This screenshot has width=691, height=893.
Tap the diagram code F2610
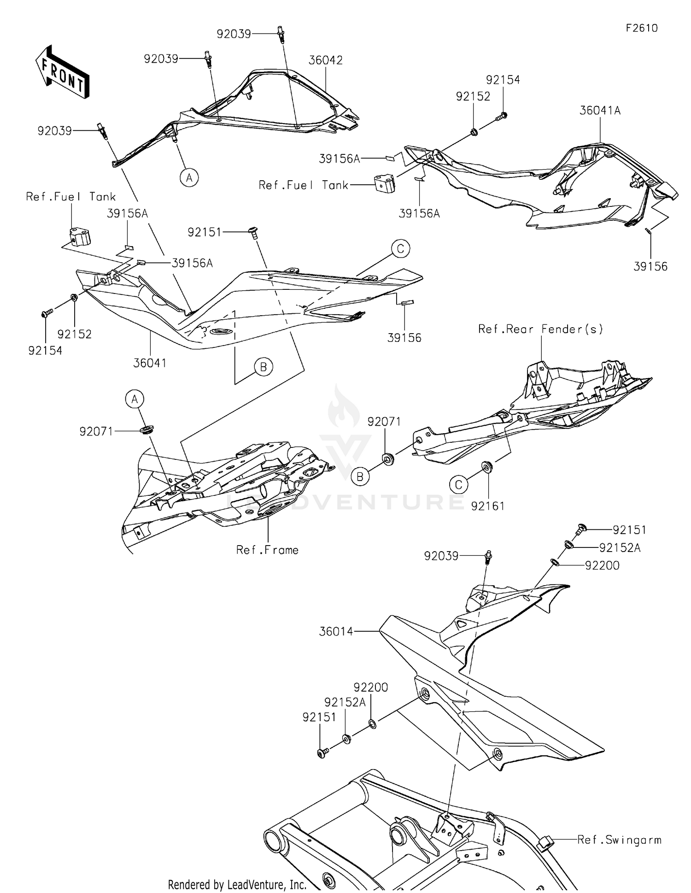(x=641, y=28)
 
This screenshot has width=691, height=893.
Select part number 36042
(x=325, y=60)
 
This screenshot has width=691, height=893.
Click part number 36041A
(x=600, y=111)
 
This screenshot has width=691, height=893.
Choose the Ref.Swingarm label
(x=619, y=840)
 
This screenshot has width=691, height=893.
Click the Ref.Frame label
(x=267, y=550)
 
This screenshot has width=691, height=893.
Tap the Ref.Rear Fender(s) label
(x=540, y=329)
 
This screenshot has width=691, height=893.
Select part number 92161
(x=488, y=506)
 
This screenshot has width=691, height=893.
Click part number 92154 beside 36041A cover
(x=503, y=80)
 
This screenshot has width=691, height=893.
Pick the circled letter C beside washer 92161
(x=459, y=484)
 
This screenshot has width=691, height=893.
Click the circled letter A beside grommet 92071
(x=135, y=399)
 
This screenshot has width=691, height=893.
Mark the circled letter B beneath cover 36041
(x=264, y=367)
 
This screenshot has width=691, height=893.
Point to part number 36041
(x=150, y=363)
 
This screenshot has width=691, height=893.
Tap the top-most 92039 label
(x=234, y=34)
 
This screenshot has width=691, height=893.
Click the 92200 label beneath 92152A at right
(x=602, y=565)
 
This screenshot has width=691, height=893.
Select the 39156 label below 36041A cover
(x=650, y=266)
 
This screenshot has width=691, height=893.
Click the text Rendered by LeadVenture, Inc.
(x=237, y=884)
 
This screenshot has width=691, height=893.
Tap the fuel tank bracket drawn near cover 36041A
(x=385, y=183)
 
